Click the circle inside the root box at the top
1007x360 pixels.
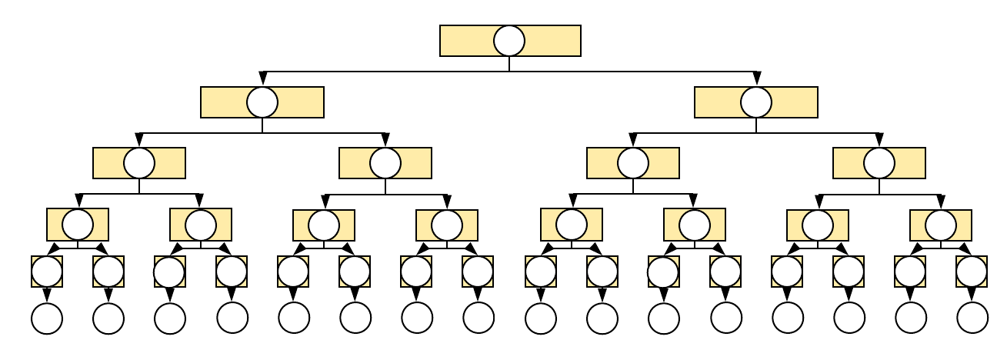pyautogui.click(x=509, y=41)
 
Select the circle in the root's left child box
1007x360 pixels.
pyautogui.click(x=262, y=102)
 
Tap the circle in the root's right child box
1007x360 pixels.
pyautogui.click(x=756, y=102)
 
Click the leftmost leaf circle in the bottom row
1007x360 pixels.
pyautogui.click(x=47, y=318)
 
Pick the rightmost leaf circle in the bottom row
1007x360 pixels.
pyautogui.click(x=972, y=318)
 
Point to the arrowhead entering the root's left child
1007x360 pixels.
pyautogui.click(x=262, y=79)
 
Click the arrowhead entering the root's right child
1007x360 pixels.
pyautogui.click(x=756, y=79)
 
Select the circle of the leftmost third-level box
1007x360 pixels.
pyautogui.click(x=139, y=163)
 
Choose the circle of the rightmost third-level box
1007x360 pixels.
pyautogui.click(x=879, y=163)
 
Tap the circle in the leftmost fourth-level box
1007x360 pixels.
pyautogui.click(x=78, y=225)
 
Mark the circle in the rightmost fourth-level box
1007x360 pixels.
pyautogui.click(x=941, y=225)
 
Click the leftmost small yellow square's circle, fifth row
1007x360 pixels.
pyautogui.click(x=47, y=272)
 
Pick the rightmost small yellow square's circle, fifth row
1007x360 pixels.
pyautogui.click(x=972, y=272)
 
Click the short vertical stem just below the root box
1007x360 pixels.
pyautogui.click(x=509, y=64)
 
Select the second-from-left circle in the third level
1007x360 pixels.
pyautogui.click(x=385, y=163)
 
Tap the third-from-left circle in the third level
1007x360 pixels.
pyautogui.click(x=633, y=163)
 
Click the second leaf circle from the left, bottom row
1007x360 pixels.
pyautogui.click(x=108, y=318)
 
